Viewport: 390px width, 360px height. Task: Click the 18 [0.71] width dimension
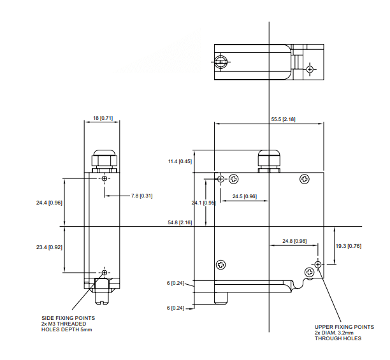tap(103, 118)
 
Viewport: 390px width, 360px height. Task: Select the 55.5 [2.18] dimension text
tap(283, 120)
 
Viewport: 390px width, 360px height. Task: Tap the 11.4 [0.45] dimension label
tap(180, 162)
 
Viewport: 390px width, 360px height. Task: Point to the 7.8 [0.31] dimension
tap(141, 196)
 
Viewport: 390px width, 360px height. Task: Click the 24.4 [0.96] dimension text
tap(49, 203)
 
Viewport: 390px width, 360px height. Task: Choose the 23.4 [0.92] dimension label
tap(49, 247)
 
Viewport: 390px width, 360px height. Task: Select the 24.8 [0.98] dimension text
tap(294, 241)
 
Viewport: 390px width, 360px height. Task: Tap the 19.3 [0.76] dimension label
tap(349, 245)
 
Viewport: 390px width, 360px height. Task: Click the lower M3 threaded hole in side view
tap(105, 272)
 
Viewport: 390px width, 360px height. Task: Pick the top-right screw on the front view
tap(305, 180)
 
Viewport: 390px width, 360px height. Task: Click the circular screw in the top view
tap(220, 61)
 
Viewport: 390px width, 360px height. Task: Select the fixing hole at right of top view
tap(310, 69)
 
